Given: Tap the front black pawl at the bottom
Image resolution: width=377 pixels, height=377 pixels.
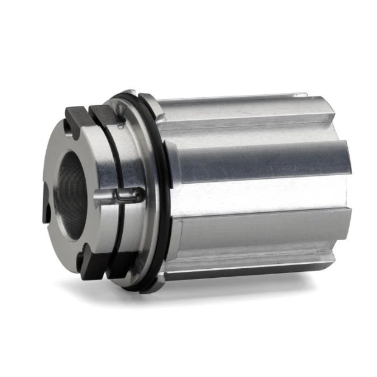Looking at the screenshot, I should point(89,268).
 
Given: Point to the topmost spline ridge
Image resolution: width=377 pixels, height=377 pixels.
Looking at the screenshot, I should point(231,101).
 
